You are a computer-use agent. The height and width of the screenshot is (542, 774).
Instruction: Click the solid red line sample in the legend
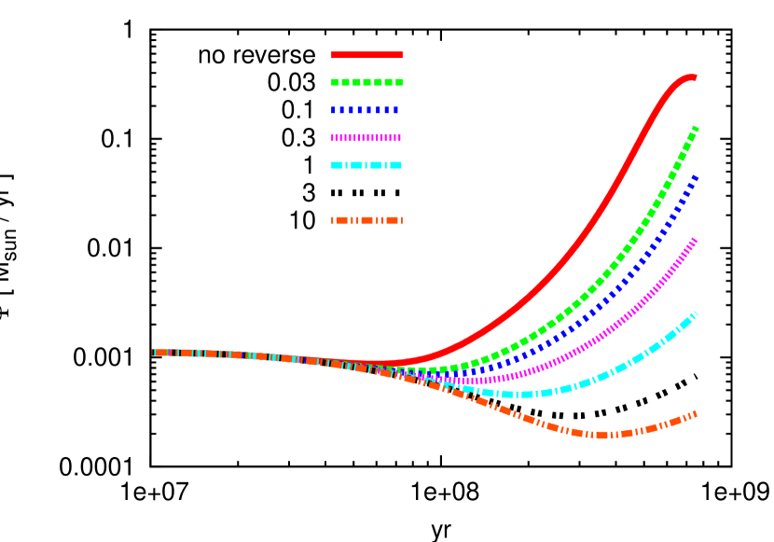pos(366,55)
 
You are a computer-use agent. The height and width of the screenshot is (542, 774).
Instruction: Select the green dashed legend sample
pos(366,82)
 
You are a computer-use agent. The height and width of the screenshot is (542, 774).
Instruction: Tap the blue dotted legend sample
pos(366,110)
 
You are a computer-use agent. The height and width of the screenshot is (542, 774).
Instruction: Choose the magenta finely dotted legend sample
pos(366,137)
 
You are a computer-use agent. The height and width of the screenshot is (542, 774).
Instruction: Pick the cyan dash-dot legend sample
pos(366,165)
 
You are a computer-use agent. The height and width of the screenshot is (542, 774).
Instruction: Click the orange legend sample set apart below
pos(366,220)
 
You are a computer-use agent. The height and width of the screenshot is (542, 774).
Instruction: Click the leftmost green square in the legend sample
pos(335,82)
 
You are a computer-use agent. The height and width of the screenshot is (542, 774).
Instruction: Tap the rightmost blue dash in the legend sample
pos(396,110)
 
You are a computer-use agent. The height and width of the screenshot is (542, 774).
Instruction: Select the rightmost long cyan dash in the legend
pos(395,165)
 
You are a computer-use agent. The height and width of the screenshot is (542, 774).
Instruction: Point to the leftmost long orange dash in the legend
pos(340,220)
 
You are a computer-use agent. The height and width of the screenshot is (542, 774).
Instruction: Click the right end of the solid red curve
pos(694,77)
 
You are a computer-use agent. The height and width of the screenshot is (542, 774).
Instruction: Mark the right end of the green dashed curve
pos(695,128)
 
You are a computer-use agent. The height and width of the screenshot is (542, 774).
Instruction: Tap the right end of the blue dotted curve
pos(695,176)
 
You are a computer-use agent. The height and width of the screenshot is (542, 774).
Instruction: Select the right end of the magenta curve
pos(695,240)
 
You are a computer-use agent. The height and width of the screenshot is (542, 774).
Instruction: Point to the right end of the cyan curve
pos(695,314)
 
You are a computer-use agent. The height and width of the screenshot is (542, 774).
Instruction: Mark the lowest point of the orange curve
pos(602,435)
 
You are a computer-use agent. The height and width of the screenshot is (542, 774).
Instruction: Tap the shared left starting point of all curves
pos(154,353)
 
